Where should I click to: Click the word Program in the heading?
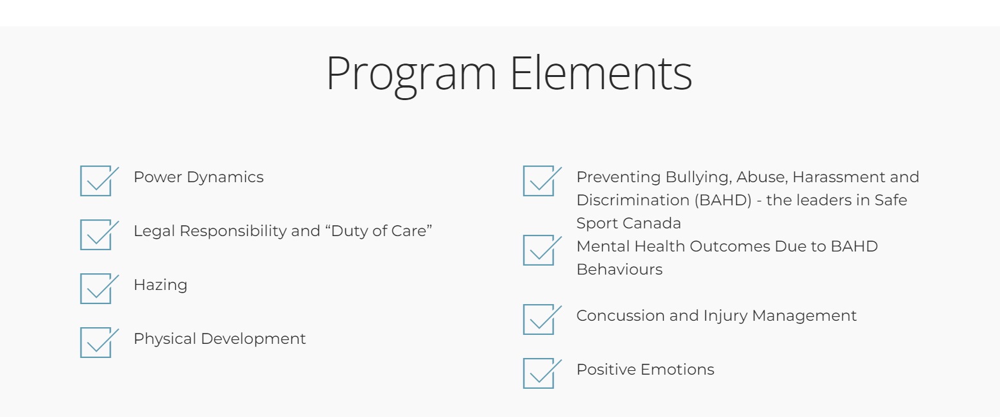(x=411, y=74)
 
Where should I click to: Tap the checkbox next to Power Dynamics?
(x=96, y=181)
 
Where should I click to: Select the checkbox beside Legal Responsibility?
(x=96, y=235)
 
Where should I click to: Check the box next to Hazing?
(x=96, y=289)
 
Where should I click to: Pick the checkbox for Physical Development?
(x=96, y=343)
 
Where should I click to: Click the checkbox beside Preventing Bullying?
(x=539, y=181)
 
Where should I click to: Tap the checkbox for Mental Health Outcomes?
(x=539, y=250)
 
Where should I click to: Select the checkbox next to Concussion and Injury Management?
(x=539, y=319)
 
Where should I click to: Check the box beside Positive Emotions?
(x=539, y=373)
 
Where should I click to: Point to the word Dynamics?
(x=225, y=178)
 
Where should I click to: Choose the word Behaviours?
(x=619, y=269)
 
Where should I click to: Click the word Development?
(x=253, y=339)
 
